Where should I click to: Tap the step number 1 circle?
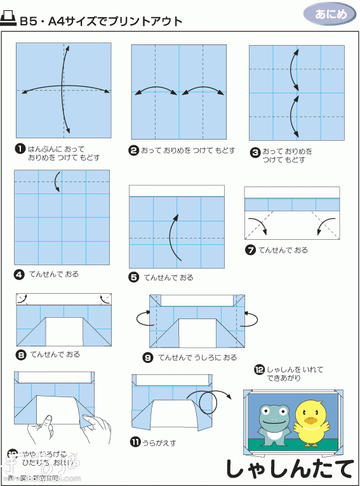(20, 148)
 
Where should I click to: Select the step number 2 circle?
(134, 151)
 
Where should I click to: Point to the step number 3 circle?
(255, 152)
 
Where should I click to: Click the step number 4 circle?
(19, 275)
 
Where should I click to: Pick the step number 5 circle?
(134, 277)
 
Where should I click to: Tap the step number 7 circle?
(250, 250)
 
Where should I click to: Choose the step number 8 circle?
(21, 354)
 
